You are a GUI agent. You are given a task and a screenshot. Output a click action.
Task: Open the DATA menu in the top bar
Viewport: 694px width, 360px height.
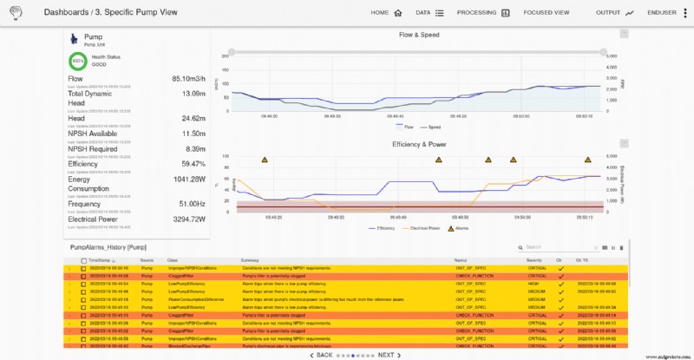(x=429, y=13)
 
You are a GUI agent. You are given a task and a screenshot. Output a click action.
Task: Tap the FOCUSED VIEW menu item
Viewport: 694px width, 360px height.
(x=547, y=13)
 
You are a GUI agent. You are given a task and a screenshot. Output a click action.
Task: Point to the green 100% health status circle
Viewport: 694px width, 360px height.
(x=77, y=61)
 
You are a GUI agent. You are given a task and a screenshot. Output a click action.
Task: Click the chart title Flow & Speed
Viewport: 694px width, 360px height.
(x=418, y=35)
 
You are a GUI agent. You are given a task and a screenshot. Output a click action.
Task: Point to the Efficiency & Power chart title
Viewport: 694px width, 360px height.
(x=418, y=143)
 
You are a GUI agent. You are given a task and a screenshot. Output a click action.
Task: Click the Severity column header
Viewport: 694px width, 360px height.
(x=534, y=259)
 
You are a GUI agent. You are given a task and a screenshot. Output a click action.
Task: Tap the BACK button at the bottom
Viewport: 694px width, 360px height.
(x=321, y=355)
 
